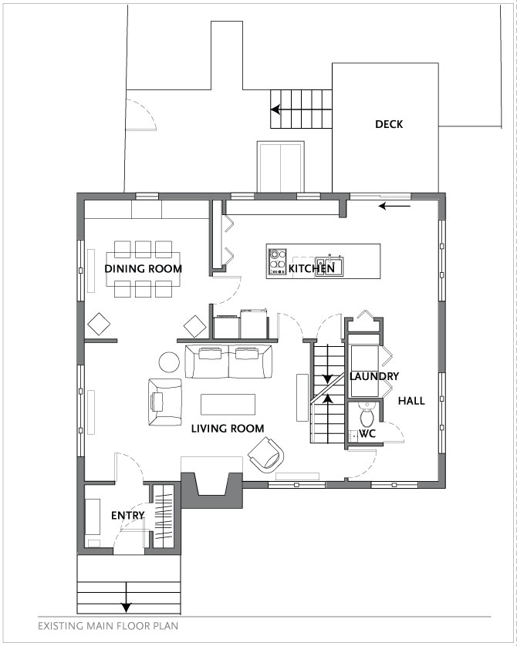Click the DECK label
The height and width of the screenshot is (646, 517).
[x=389, y=124]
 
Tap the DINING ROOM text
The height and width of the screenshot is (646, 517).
[x=143, y=268]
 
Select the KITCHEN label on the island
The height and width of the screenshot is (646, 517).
[x=311, y=268]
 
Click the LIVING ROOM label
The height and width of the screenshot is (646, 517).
[x=228, y=429]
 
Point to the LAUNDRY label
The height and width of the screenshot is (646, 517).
[x=374, y=376]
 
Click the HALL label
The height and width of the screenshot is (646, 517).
[x=411, y=400]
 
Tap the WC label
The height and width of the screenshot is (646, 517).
[x=367, y=433]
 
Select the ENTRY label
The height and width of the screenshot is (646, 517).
[x=128, y=516]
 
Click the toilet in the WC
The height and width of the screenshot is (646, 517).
[x=366, y=415]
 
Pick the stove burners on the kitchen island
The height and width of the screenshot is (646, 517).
[x=277, y=262]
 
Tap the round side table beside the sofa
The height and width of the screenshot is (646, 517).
[x=169, y=362]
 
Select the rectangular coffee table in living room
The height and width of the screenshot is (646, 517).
[x=228, y=404]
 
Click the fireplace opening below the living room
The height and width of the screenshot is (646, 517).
[x=212, y=483]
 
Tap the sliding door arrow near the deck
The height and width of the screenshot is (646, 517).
[x=394, y=206]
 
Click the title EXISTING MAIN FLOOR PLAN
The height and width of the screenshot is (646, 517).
[x=109, y=626]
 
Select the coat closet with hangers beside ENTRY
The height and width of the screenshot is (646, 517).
[x=164, y=516]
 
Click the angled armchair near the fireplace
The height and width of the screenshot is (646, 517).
[x=267, y=455]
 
